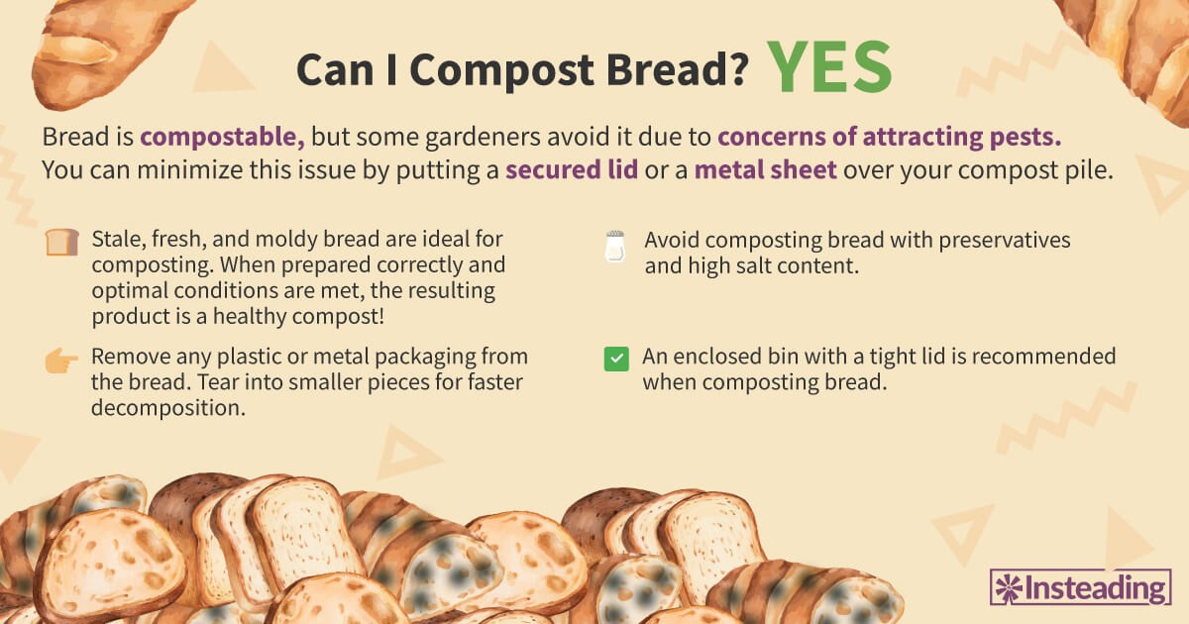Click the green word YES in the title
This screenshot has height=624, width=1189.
829,67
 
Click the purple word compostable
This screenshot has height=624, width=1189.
222,138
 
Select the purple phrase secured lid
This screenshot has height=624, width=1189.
572,169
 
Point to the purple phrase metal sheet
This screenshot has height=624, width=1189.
765,169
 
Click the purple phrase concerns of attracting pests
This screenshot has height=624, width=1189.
890,137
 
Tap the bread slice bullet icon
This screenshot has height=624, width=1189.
62,242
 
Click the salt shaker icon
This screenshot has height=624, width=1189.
615,247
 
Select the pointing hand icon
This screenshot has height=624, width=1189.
61,361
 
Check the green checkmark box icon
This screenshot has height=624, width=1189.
616,359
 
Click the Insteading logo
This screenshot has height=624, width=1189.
1081,586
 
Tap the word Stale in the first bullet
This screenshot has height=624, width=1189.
119,240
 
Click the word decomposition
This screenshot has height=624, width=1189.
168,408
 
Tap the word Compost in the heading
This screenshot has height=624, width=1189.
501,70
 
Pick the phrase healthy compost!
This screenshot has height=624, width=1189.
298,316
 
